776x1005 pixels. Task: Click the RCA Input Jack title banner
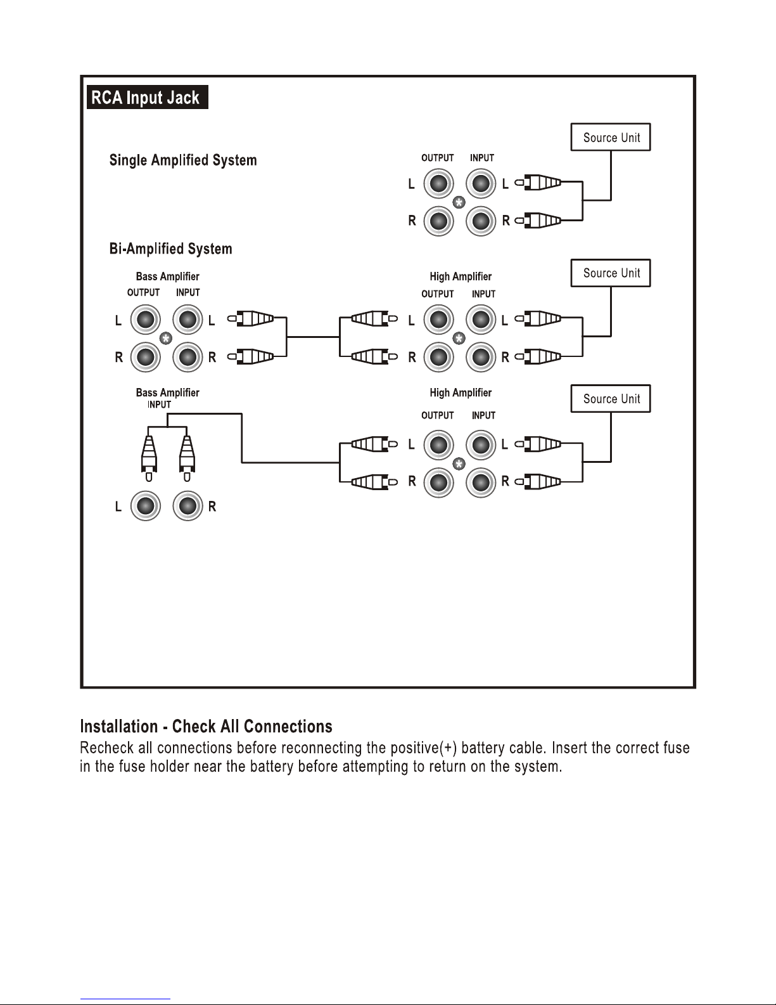coord(148,97)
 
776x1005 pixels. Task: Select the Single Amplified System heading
coord(183,160)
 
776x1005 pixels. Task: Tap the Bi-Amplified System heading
coord(170,249)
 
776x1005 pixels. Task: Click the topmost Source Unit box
coord(611,137)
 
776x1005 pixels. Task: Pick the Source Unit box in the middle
coord(611,273)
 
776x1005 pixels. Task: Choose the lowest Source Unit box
coord(611,399)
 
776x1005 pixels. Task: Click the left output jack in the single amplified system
coord(439,184)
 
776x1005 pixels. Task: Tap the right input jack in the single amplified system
coord(481,221)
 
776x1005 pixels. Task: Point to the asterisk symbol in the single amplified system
coord(459,202)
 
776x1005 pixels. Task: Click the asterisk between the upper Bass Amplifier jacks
coord(166,338)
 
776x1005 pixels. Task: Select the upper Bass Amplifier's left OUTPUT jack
coord(146,320)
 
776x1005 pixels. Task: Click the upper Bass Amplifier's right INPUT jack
coord(188,357)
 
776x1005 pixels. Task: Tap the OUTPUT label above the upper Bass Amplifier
coord(143,293)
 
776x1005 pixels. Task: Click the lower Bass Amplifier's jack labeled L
coord(146,505)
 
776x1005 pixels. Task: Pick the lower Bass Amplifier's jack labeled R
coord(188,505)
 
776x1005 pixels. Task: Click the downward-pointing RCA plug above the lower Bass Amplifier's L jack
coord(148,458)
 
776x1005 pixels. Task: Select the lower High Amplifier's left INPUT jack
coord(481,445)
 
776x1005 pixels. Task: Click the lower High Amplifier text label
coord(461,392)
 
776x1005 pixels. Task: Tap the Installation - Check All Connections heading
coord(206,726)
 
